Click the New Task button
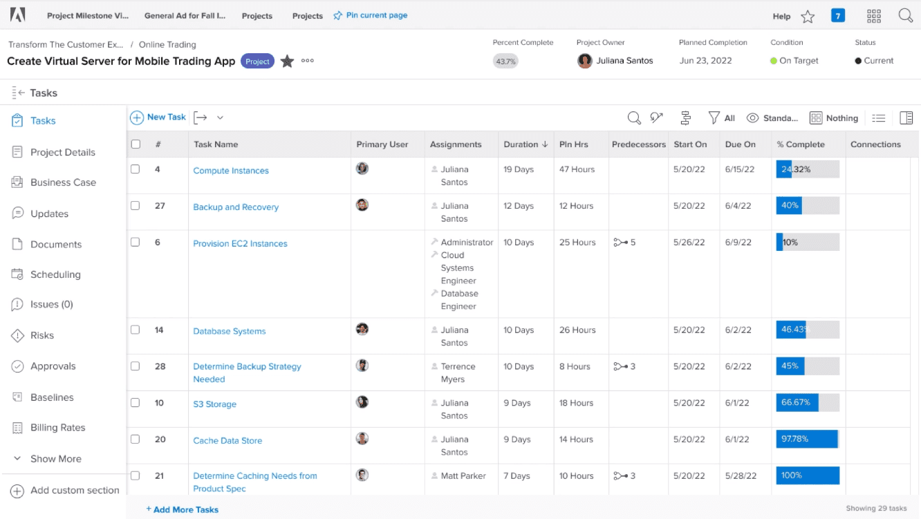[158, 117]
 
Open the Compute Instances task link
[231, 171]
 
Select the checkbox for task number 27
[136, 205]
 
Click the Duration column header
[521, 144]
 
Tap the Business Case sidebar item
[63, 182]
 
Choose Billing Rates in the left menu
[57, 428]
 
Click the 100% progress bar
[807, 475]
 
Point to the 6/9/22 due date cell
[738, 243]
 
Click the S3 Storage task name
[214, 404]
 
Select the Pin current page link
[376, 15]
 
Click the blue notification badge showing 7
[837, 15]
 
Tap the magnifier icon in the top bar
[905, 16]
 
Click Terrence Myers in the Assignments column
[458, 372]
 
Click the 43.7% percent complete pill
[505, 62]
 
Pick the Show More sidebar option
[55, 459]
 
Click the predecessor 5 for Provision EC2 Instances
[624, 243]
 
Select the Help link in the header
[781, 16]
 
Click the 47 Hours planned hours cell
[577, 169]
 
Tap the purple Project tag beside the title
[257, 62]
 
